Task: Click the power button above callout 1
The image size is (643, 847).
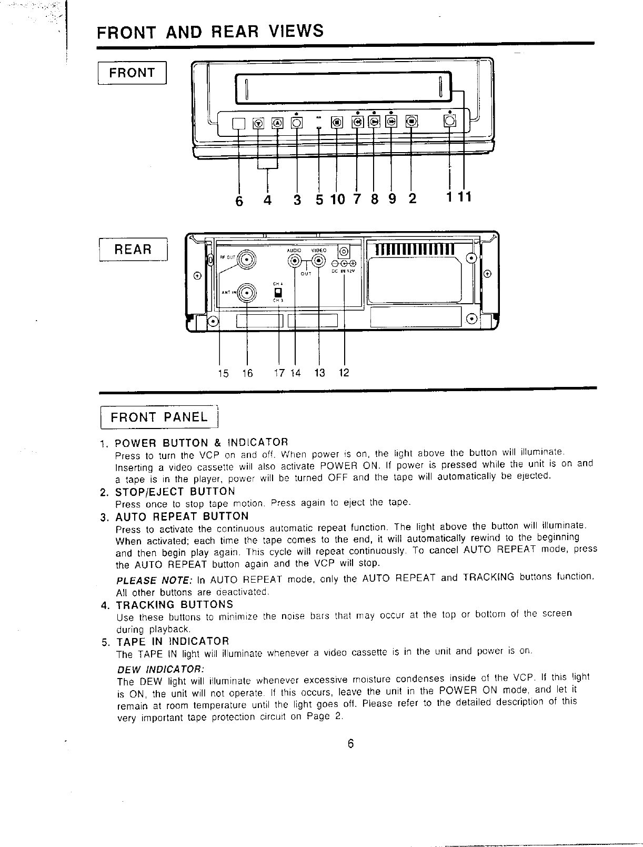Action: [450, 122]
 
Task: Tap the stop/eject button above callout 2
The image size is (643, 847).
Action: [411, 122]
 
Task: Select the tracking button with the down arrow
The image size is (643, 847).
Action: [258, 123]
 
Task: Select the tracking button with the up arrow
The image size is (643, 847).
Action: [277, 123]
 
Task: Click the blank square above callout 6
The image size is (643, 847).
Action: [239, 123]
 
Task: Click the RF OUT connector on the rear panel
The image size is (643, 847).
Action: [246, 259]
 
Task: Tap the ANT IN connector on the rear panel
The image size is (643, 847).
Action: [246, 293]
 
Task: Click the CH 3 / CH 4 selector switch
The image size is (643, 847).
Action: [279, 292]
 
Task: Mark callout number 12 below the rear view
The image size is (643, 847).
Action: [344, 373]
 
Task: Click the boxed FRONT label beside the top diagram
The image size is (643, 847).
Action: [132, 73]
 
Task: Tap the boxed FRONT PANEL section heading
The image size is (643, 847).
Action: [158, 417]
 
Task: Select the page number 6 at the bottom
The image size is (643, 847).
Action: [350, 744]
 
